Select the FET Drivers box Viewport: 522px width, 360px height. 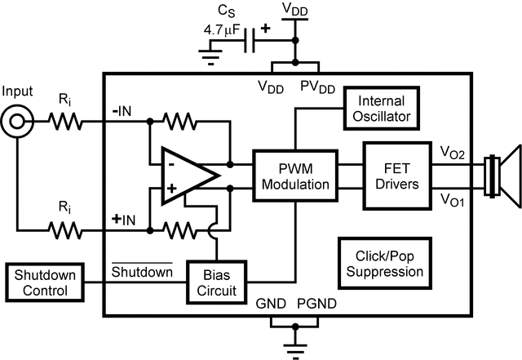tap(391, 173)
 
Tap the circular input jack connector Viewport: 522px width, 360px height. tap(16, 123)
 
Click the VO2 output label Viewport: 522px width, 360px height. tap(451, 152)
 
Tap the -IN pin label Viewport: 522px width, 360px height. tap(122, 112)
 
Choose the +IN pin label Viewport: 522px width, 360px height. tap(122, 220)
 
